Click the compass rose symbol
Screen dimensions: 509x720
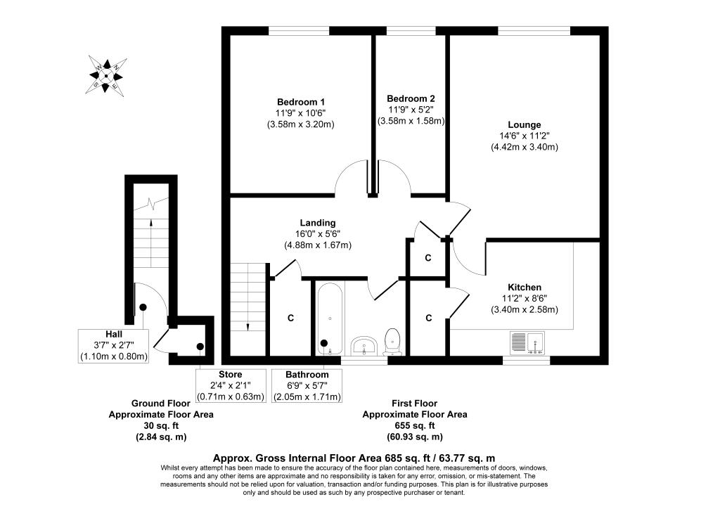click(107, 75)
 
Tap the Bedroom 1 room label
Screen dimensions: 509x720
click(300, 102)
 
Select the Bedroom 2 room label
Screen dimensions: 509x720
click(411, 99)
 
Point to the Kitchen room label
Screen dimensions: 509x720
click(525, 287)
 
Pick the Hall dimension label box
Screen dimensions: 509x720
click(114, 346)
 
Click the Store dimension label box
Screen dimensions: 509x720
click(230, 385)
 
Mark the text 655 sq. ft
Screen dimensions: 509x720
click(414, 426)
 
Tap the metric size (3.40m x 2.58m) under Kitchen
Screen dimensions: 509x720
click(525, 309)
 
